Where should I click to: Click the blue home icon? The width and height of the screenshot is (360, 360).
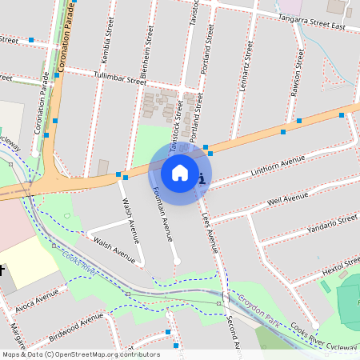[180, 173]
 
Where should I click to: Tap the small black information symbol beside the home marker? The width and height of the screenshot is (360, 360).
[202, 178]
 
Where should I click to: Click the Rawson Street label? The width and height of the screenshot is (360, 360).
[298, 74]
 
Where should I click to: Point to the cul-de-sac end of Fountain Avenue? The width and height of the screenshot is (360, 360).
[177, 262]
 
